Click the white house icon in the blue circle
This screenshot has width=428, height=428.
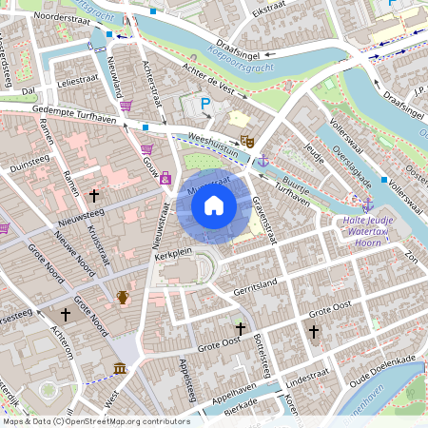tap(214, 205)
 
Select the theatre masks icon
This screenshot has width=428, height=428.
tap(246, 141)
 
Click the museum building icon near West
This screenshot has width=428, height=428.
tap(120, 369)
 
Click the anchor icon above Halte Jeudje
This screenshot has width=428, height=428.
tap(367, 204)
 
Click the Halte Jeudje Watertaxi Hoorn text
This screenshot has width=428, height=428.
tap(367, 230)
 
